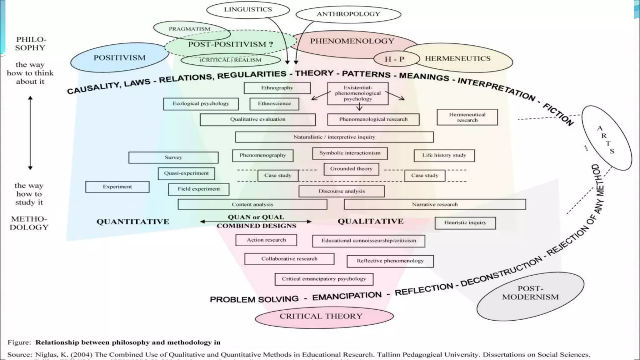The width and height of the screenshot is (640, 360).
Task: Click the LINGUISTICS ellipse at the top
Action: (x=248, y=10)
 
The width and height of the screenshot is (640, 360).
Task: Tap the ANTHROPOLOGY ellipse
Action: (x=348, y=14)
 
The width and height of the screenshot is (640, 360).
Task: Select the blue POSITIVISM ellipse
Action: (x=119, y=58)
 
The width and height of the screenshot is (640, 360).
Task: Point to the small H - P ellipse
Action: (x=394, y=59)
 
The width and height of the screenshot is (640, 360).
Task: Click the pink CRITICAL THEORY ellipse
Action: (x=321, y=316)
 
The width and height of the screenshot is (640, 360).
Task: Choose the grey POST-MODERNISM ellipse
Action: (x=530, y=293)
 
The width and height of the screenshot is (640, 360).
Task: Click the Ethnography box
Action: (x=277, y=88)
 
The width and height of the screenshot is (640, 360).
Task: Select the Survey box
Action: (x=173, y=157)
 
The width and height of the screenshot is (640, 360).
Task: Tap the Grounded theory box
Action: (x=351, y=169)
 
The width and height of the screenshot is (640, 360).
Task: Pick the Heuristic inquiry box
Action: (x=465, y=223)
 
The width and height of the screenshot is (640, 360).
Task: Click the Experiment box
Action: (x=117, y=187)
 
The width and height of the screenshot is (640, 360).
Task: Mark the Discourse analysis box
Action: (x=342, y=191)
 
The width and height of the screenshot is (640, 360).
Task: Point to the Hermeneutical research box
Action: (x=467, y=117)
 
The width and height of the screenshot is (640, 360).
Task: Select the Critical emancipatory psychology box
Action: (x=324, y=279)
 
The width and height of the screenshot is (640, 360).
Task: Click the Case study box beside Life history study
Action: (x=425, y=176)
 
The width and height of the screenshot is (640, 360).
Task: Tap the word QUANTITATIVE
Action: (x=133, y=222)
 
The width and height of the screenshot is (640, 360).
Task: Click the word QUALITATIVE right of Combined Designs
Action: (x=371, y=222)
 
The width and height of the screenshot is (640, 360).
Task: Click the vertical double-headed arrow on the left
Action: (x=30, y=133)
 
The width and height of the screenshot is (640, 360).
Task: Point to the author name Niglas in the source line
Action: (x=46, y=355)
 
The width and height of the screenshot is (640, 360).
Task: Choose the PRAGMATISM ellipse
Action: (x=189, y=29)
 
